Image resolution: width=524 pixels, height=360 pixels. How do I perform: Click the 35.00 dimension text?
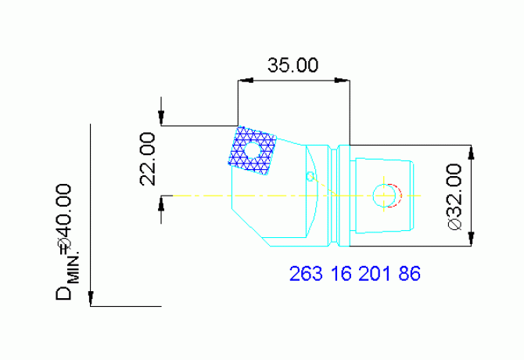click(x=293, y=66)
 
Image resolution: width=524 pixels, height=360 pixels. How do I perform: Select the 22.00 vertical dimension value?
click(x=148, y=159)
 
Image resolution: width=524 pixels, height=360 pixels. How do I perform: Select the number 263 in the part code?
click(x=305, y=274)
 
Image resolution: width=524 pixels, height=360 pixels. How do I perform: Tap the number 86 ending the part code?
click(x=410, y=274)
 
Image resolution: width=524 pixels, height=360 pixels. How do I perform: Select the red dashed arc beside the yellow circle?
click(x=397, y=195)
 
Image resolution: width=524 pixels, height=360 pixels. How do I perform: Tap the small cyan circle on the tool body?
click(x=310, y=176)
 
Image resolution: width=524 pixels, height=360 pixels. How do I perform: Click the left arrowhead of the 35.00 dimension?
click(x=243, y=79)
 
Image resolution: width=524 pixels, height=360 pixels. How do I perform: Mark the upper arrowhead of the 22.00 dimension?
click(x=161, y=118)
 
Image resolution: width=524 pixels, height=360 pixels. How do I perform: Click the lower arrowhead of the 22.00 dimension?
click(x=161, y=202)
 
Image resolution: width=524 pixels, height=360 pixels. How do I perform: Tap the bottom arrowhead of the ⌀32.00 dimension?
click(x=471, y=240)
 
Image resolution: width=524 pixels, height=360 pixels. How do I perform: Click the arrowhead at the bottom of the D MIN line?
click(x=92, y=299)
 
